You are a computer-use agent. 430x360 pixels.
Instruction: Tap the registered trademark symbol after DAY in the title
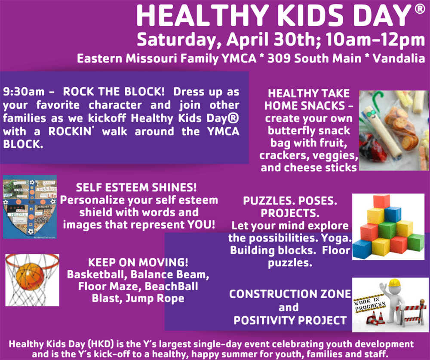(x=420, y=9)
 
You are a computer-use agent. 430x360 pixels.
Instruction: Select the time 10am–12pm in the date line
(x=375, y=40)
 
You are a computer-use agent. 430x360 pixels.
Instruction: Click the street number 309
(x=279, y=58)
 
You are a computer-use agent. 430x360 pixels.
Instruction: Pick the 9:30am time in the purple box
(x=24, y=92)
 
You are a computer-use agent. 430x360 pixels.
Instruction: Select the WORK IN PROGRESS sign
(x=369, y=303)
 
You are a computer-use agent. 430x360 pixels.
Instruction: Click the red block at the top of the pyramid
(x=381, y=201)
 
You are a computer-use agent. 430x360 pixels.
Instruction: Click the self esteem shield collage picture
(x=30, y=207)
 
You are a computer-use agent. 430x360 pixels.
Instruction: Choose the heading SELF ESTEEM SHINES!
(x=136, y=187)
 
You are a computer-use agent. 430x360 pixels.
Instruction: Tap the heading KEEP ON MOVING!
(x=138, y=262)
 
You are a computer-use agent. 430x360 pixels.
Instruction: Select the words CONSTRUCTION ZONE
(x=290, y=294)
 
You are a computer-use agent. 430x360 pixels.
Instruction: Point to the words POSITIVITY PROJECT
(x=290, y=320)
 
